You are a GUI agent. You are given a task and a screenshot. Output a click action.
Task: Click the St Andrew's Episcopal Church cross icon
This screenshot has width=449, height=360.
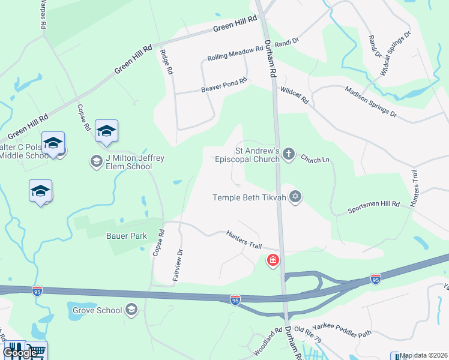[289, 154]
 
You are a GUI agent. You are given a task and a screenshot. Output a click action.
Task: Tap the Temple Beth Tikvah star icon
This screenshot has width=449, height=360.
[295, 197]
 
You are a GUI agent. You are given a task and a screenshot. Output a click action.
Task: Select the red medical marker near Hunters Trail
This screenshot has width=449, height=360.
[273, 260]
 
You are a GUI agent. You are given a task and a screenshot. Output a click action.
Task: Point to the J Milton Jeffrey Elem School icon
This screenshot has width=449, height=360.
[96, 161]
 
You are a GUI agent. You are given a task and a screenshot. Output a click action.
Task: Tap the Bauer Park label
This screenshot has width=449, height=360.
[127, 236]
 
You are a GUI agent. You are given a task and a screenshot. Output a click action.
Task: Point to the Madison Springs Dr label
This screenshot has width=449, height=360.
[370, 101]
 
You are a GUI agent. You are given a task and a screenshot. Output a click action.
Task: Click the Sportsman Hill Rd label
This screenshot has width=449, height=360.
[374, 208]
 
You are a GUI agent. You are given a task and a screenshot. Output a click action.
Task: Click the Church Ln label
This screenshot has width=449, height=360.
[316, 160]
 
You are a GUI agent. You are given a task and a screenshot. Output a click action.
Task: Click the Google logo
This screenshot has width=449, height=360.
[20, 352]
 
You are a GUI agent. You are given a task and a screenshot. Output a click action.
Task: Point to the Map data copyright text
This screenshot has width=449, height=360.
[424, 356]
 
